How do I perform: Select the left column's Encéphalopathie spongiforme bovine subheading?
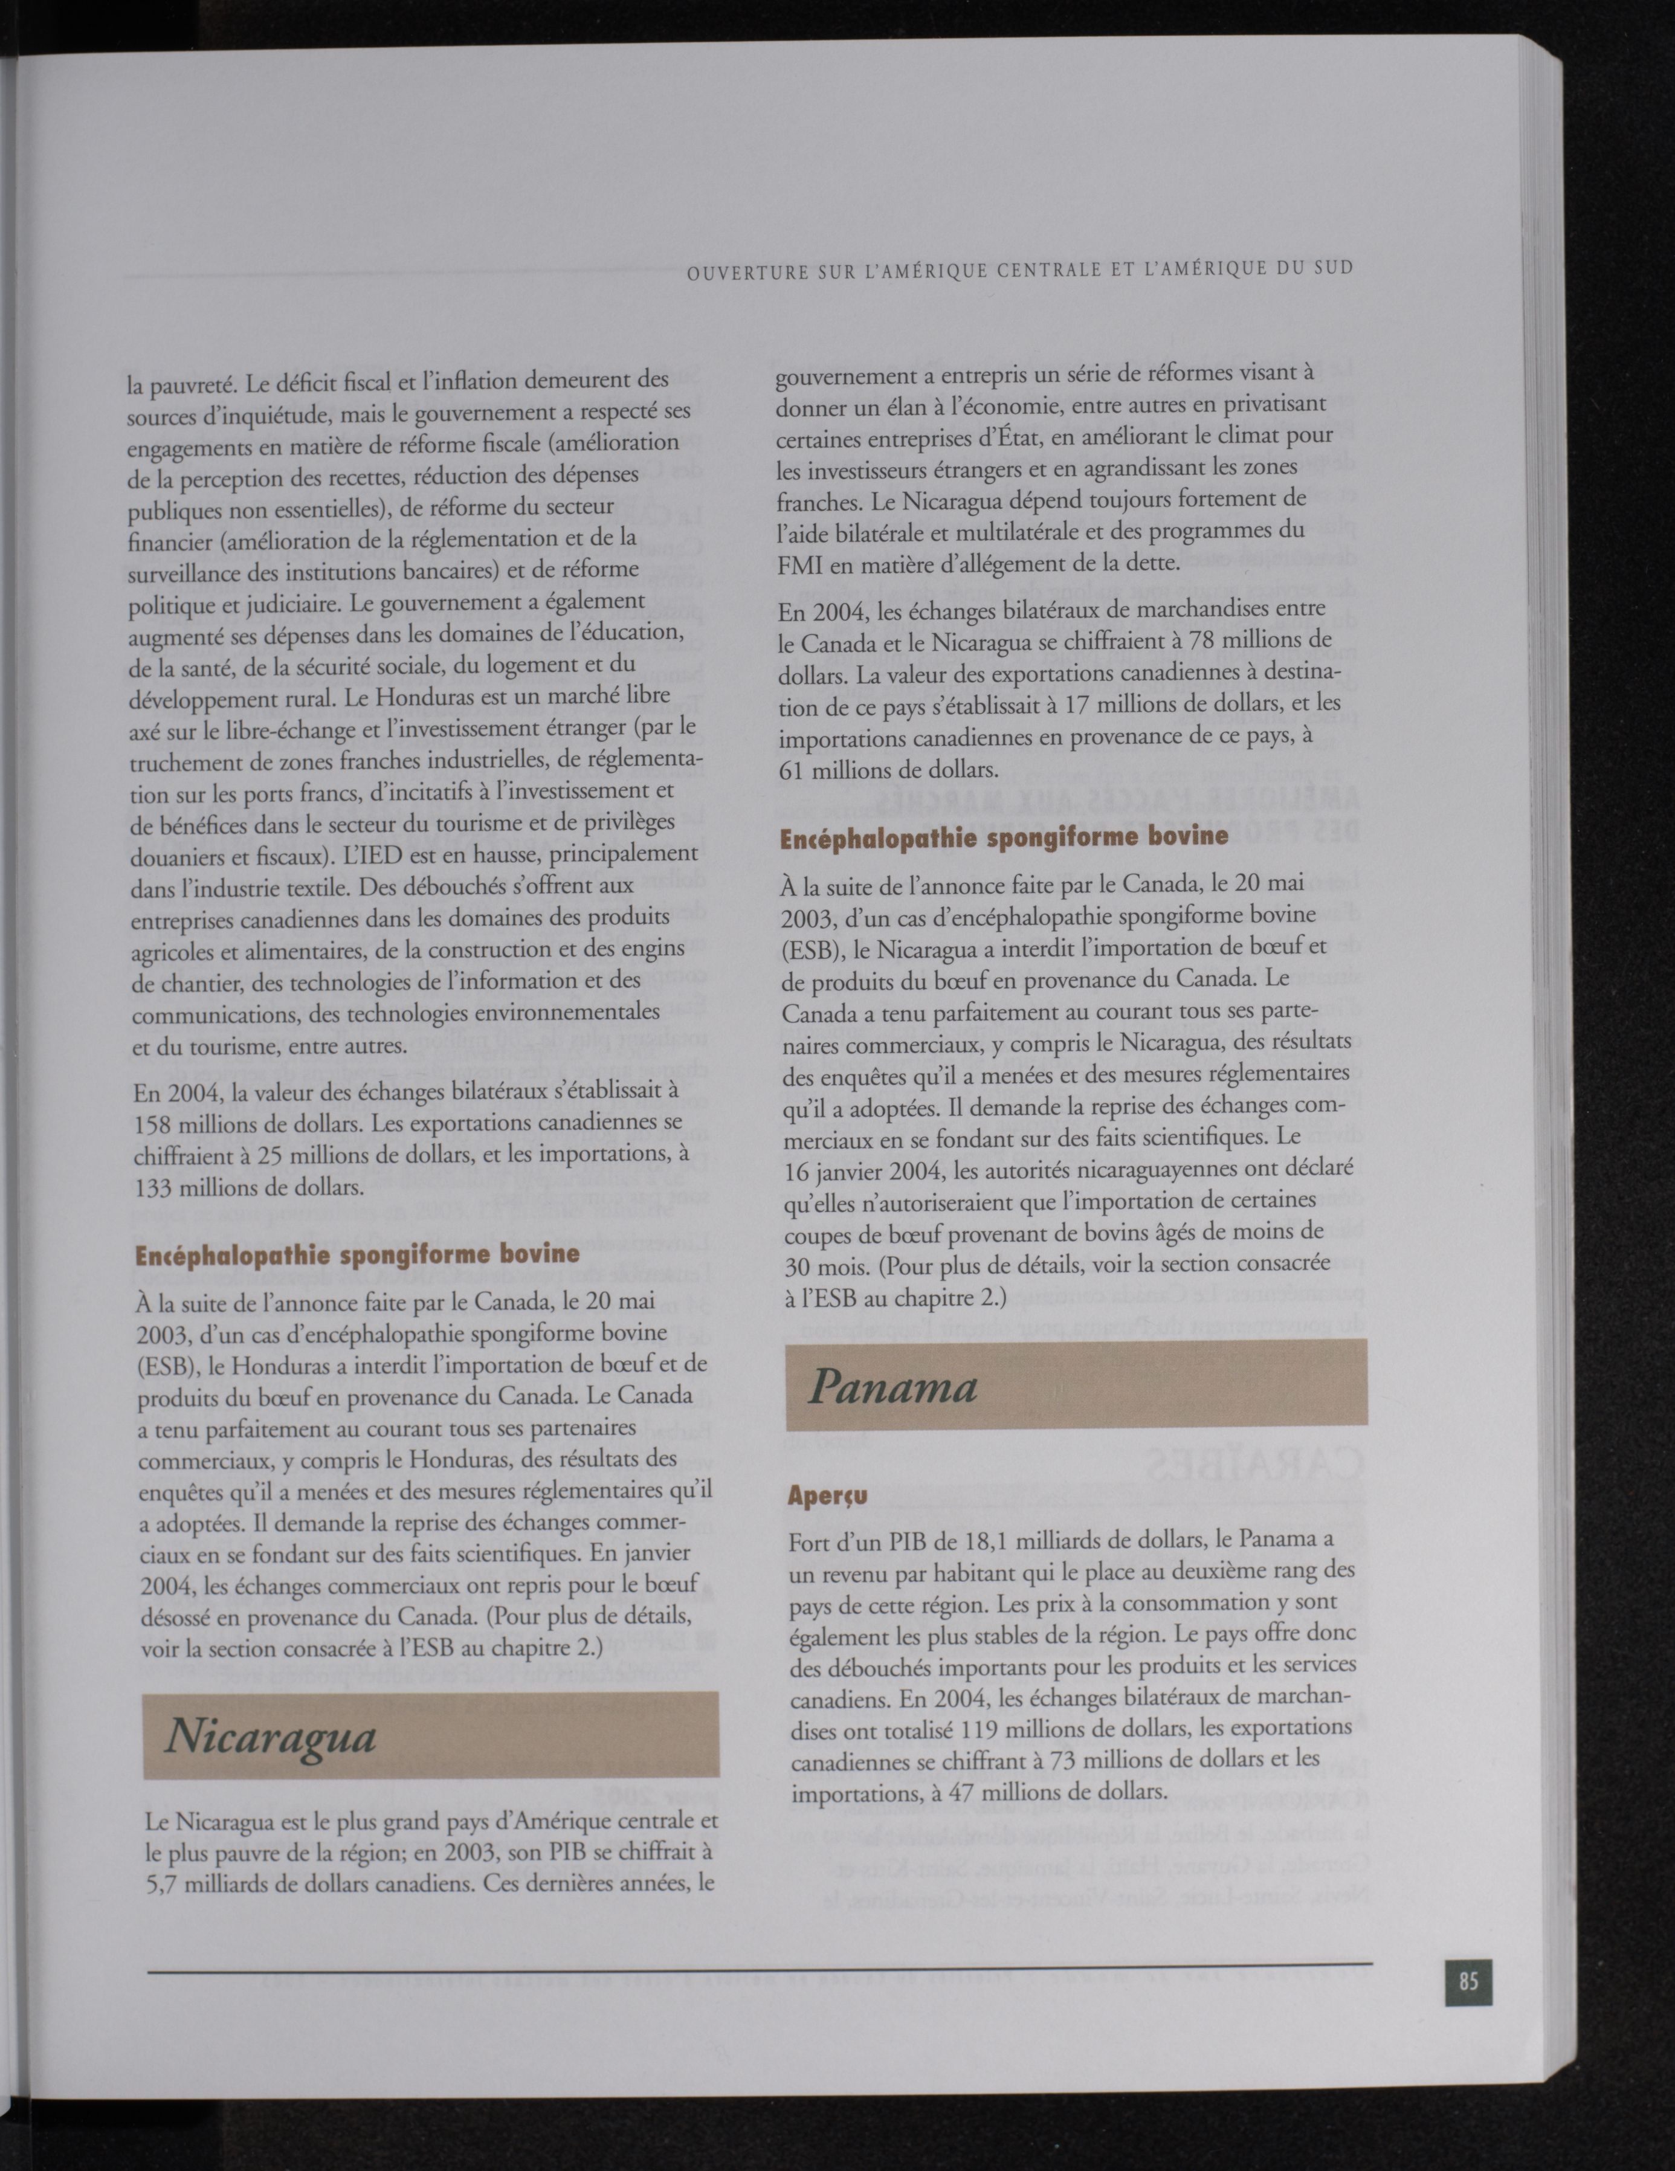pos(356,1254)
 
